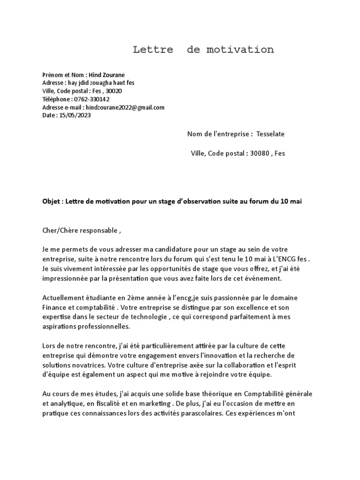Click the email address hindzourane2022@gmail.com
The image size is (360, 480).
click(x=125, y=107)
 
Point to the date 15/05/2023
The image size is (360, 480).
click(x=75, y=115)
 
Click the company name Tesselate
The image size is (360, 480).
click(x=270, y=134)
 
